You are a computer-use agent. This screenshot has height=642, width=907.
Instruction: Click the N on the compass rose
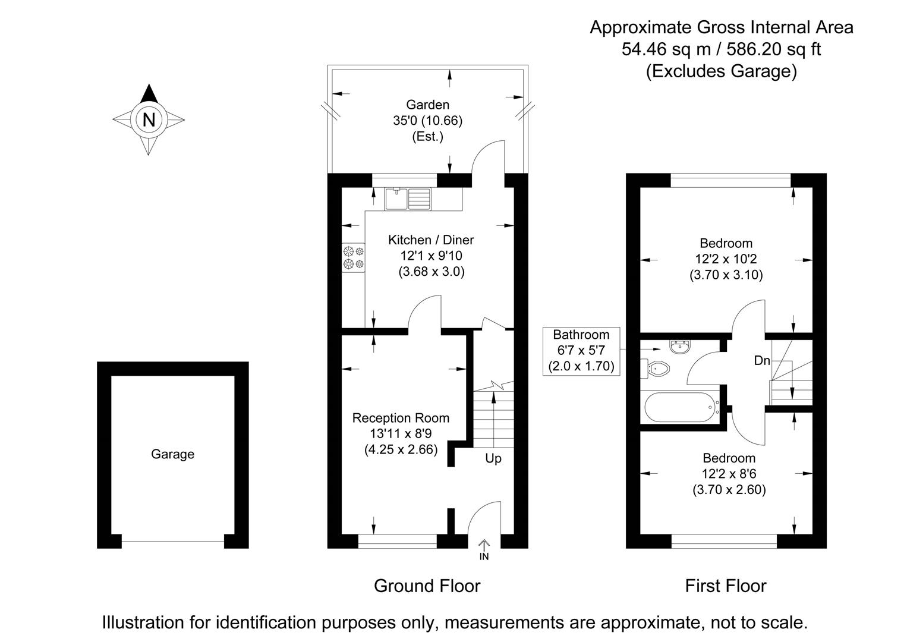tap(149, 119)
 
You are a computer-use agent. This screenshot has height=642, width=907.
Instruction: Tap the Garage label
tap(172, 454)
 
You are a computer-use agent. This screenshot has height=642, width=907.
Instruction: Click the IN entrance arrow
tap(484, 549)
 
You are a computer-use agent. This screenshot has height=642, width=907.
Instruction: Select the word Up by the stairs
tap(493, 458)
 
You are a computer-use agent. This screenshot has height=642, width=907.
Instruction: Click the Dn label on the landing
tap(762, 360)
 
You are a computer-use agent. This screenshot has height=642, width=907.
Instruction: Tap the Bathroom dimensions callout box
tap(582, 351)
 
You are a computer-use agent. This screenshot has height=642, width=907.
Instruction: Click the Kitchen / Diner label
tap(431, 240)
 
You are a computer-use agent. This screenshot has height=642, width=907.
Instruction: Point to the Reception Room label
tap(401, 418)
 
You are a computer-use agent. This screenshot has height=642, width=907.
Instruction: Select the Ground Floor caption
tap(427, 586)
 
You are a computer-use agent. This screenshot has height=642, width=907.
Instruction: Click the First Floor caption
tap(725, 586)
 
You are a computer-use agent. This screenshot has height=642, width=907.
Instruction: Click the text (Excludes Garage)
tap(721, 71)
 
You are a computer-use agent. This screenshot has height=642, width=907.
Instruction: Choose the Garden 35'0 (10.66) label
tap(427, 120)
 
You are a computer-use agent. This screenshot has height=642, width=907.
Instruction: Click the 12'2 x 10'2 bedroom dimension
tap(726, 259)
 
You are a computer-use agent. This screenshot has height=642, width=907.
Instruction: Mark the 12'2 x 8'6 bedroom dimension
tap(729, 474)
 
